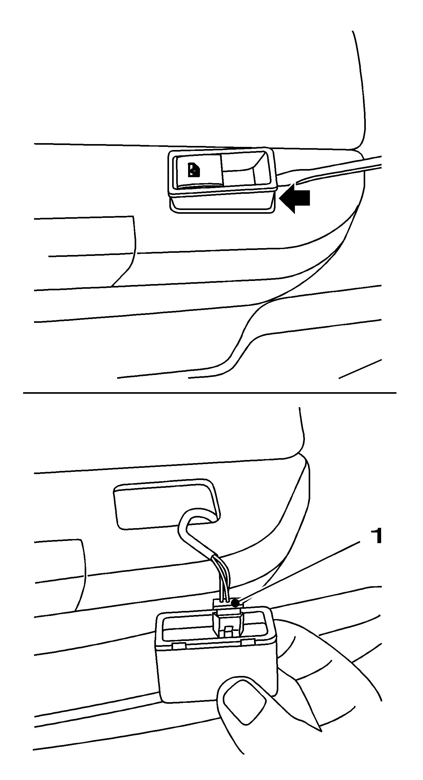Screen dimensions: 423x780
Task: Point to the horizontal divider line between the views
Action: coord(210,392)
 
